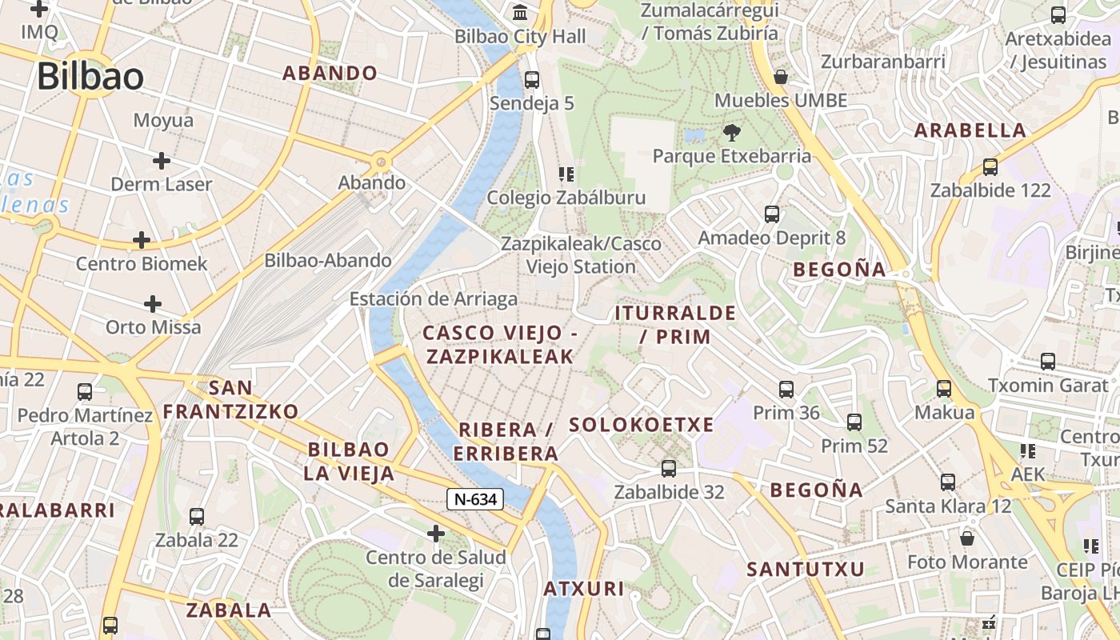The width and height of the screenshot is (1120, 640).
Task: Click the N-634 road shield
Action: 475,499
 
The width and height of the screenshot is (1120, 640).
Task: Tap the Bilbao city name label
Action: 90,77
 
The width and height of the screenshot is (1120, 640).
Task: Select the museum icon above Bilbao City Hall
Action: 521,13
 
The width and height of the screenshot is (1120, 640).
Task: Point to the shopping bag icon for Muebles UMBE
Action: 780,78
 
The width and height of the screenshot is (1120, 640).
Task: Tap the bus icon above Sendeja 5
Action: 531,80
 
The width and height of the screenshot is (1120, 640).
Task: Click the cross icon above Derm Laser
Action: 162,161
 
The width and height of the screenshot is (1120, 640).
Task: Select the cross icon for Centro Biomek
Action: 142,240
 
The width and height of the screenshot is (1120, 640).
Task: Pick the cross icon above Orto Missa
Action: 153,304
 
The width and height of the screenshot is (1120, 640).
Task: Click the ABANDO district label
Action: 330,73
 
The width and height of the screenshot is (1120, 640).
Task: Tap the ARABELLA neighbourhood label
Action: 970,130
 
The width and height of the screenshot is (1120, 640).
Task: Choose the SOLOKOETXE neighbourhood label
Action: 641,425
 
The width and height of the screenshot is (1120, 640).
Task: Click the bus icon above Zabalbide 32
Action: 669,469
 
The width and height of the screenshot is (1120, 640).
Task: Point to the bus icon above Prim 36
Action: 786,390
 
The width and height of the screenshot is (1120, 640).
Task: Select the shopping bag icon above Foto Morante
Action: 967,538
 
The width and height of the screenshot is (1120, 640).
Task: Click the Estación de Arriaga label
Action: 434,299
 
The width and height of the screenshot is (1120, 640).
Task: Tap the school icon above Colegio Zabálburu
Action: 566,174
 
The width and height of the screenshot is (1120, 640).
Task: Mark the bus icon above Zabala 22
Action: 197,517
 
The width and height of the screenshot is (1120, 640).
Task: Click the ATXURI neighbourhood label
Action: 584,589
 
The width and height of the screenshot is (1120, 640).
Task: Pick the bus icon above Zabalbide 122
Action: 990,167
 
